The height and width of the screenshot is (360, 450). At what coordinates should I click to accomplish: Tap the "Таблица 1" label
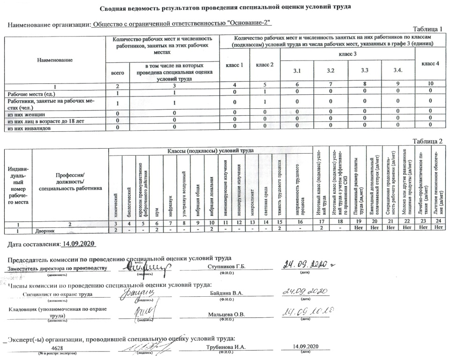[427, 30]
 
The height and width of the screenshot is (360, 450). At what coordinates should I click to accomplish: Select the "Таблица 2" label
[427, 141]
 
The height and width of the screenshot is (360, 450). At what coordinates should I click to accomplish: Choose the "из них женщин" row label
[26, 114]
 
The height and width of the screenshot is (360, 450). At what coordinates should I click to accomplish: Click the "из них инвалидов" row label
[29, 127]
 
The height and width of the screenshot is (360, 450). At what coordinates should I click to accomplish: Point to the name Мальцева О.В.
[227, 314]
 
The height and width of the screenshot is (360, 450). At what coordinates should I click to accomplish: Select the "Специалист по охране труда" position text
[57, 294]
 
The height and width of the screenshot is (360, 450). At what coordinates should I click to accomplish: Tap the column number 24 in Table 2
[438, 225]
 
